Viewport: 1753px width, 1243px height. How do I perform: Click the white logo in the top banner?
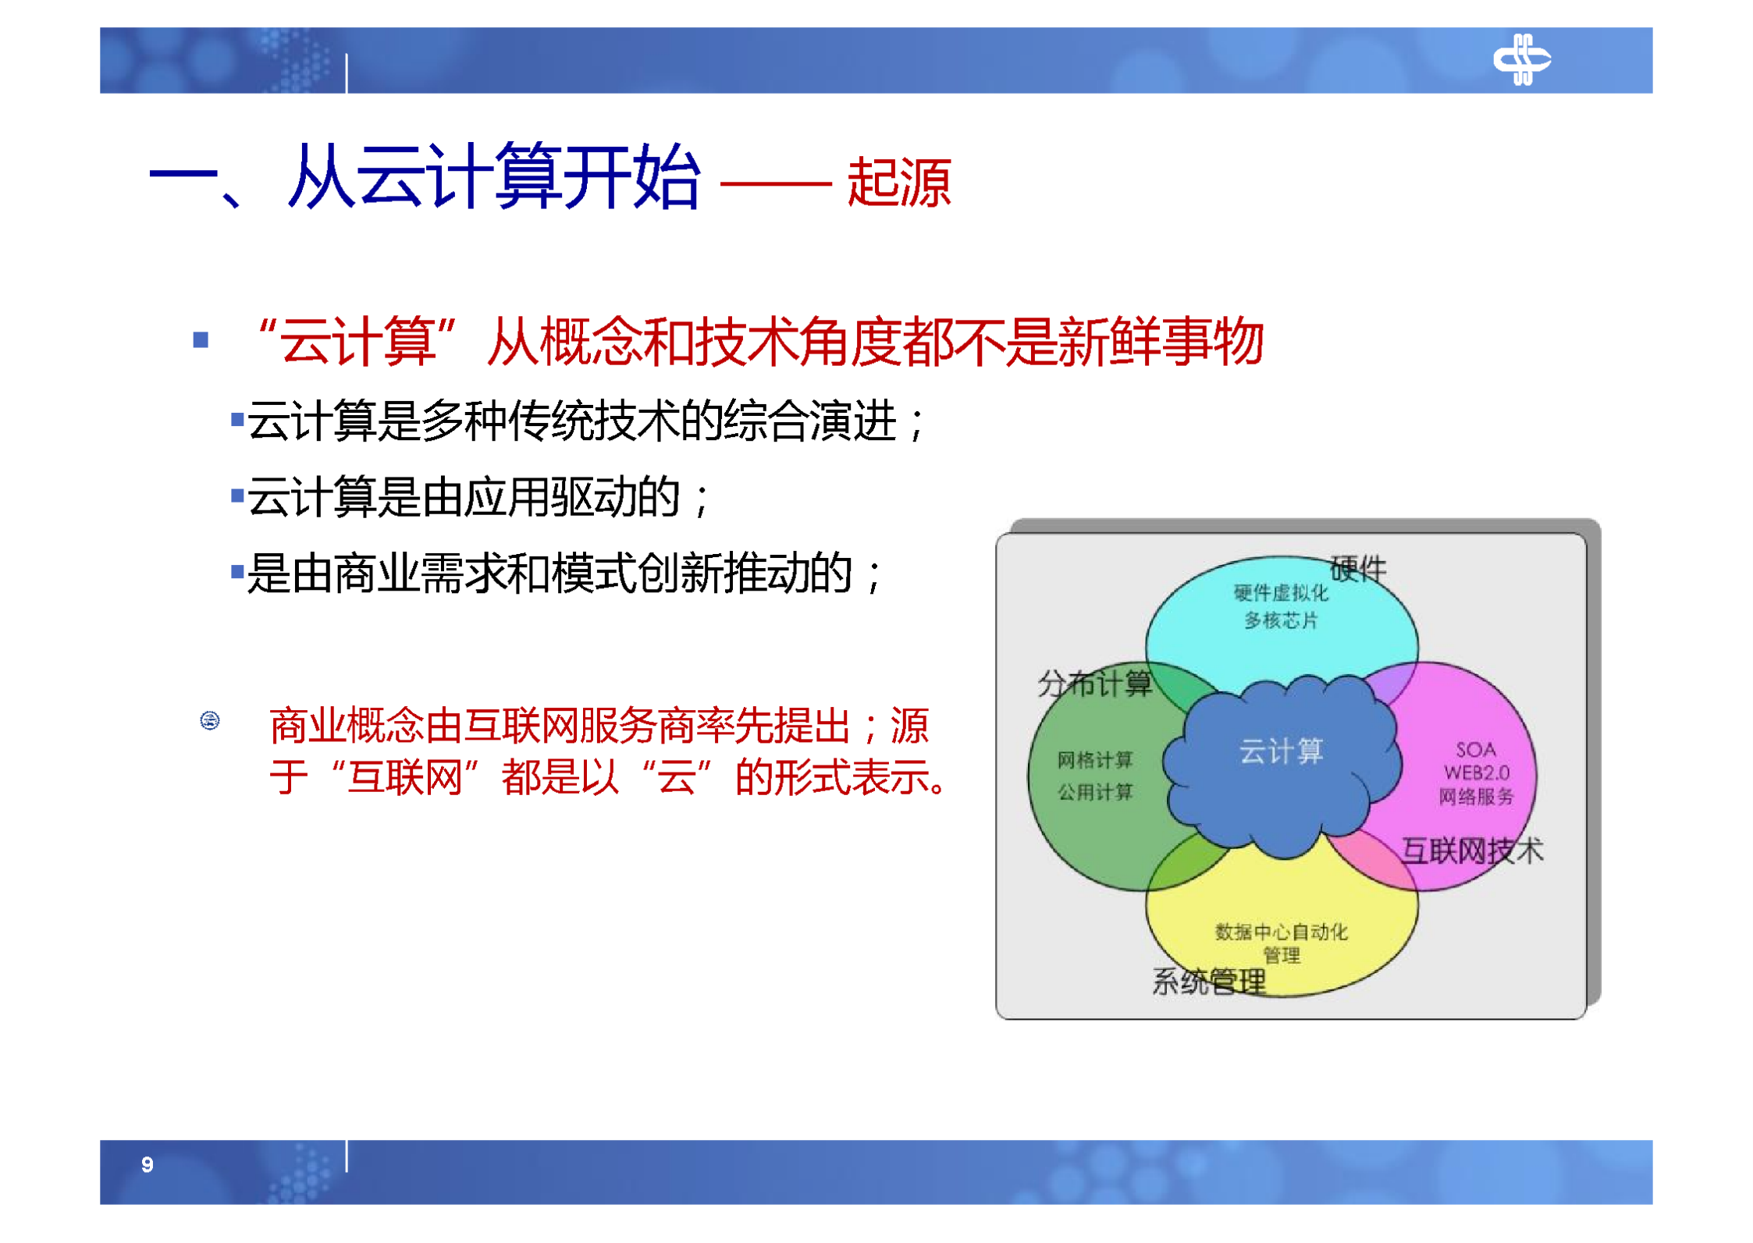(1520, 59)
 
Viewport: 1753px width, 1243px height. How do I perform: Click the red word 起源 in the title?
(898, 183)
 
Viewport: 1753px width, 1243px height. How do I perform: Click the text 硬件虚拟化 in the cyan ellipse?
(1279, 593)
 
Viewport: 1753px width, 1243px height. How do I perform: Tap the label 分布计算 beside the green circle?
(1093, 684)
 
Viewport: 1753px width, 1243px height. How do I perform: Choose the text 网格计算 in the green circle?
(1094, 759)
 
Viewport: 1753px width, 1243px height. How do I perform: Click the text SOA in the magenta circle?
(1474, 749)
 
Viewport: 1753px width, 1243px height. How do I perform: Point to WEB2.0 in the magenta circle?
(1475, 772)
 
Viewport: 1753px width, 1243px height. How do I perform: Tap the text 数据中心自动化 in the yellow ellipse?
(1280, 931)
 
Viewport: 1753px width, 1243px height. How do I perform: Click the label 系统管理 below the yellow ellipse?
(1207, 981)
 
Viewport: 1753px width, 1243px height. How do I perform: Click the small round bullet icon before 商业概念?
(209, 719)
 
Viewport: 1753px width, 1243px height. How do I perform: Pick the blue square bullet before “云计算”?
(201, 339)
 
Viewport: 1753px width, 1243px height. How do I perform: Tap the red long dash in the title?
(774, 184)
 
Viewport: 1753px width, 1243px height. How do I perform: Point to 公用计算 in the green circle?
(1094, 792)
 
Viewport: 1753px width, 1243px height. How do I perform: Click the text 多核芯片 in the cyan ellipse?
(1279, 620)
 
